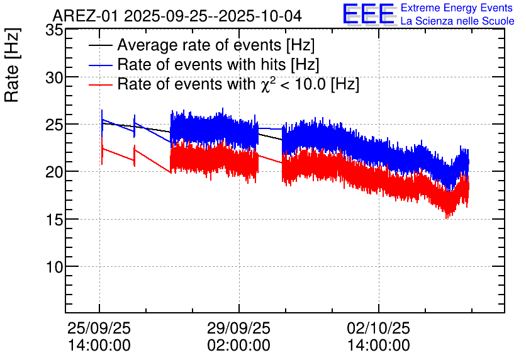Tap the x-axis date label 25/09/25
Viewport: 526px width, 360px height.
99,329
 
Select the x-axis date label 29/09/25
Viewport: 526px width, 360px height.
238,329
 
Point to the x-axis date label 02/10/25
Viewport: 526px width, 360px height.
379,329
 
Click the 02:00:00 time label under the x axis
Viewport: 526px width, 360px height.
238,346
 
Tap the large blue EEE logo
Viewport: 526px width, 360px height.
369,14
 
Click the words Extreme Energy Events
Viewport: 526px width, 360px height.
456,8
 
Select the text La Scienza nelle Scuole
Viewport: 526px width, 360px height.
457,21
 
